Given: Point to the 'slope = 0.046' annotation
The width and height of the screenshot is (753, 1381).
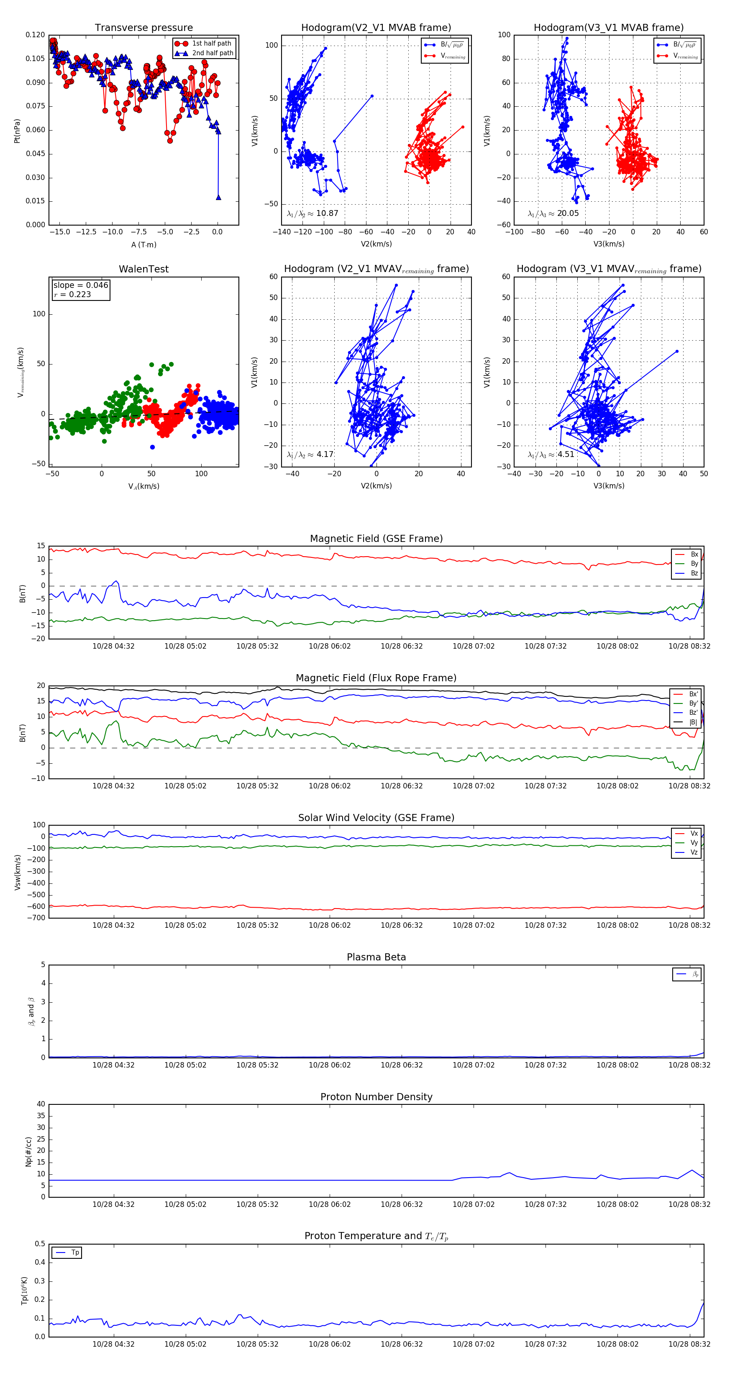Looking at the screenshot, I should pyautogui.click(x=80, y=285).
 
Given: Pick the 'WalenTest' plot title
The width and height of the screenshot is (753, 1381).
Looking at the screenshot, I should pyautogui.click(x=143, y=269).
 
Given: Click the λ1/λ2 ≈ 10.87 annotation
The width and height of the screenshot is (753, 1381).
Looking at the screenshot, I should pyautogui.click(x=312, y=213).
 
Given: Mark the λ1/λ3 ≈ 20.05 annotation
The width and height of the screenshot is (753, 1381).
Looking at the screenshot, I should pyautogui.click(x=553, y=213).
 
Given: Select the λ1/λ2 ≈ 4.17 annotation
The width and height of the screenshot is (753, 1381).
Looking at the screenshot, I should pyautogui.click(x=310, y=454).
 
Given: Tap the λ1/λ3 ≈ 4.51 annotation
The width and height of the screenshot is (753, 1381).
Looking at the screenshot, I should pyautogui.click(x=551, y=454).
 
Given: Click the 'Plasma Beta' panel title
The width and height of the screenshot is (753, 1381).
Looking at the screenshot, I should pyautogui.click(x=376, y=957).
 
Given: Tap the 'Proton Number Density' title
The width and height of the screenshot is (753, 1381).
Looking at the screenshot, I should pyautogui.click(x=376, y=1097).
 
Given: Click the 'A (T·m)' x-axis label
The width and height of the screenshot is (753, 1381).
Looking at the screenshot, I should pyautogui.click(x=143, y=245).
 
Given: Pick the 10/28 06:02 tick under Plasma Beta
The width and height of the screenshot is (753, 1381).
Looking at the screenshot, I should pyautogui.click(x=330, y=1065).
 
